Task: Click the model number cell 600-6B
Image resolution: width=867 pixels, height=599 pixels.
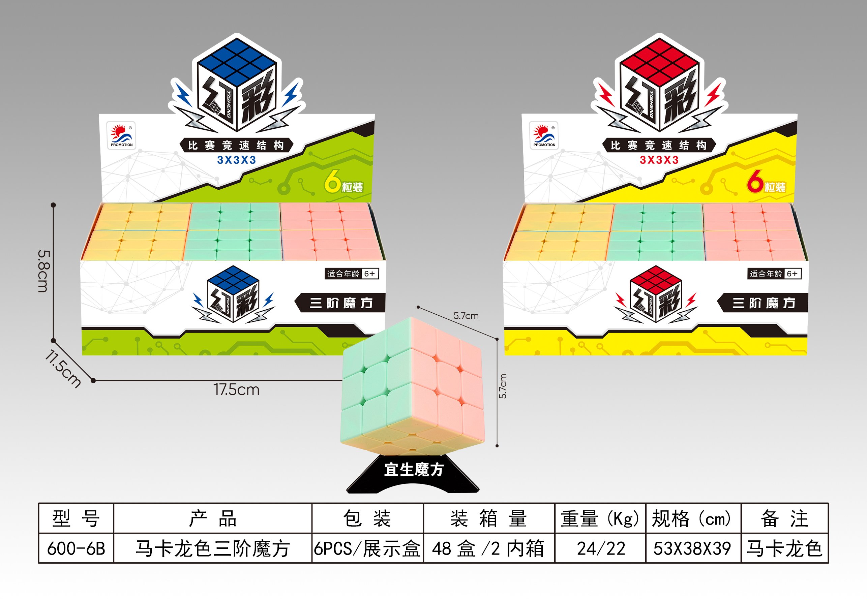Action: click(76, 548)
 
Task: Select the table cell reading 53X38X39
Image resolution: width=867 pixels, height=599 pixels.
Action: click(693, 548)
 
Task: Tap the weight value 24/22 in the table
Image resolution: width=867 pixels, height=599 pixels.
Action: click(601, 548)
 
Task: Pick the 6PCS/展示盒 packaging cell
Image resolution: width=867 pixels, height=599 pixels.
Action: click(368, 548)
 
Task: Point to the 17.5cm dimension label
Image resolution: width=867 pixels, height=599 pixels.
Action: click(237, 390)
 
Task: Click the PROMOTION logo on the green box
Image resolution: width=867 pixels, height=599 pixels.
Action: click(121, 135)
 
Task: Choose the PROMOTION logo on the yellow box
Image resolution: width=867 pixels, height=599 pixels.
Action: click(544, 135)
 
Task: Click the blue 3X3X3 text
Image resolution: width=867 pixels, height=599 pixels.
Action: click(237, 160)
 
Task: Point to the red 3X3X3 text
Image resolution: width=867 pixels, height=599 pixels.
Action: click(659, 160)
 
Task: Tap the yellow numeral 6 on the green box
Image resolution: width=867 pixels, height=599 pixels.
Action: click(332, 181)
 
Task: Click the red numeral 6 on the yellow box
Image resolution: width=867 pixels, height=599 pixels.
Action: click(755, 181)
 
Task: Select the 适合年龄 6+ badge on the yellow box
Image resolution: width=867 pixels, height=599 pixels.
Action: click(774, 274)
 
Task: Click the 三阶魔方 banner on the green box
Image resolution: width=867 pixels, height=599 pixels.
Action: click(340, 303)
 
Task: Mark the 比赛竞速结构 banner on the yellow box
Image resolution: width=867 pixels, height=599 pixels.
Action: click(659, 145)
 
